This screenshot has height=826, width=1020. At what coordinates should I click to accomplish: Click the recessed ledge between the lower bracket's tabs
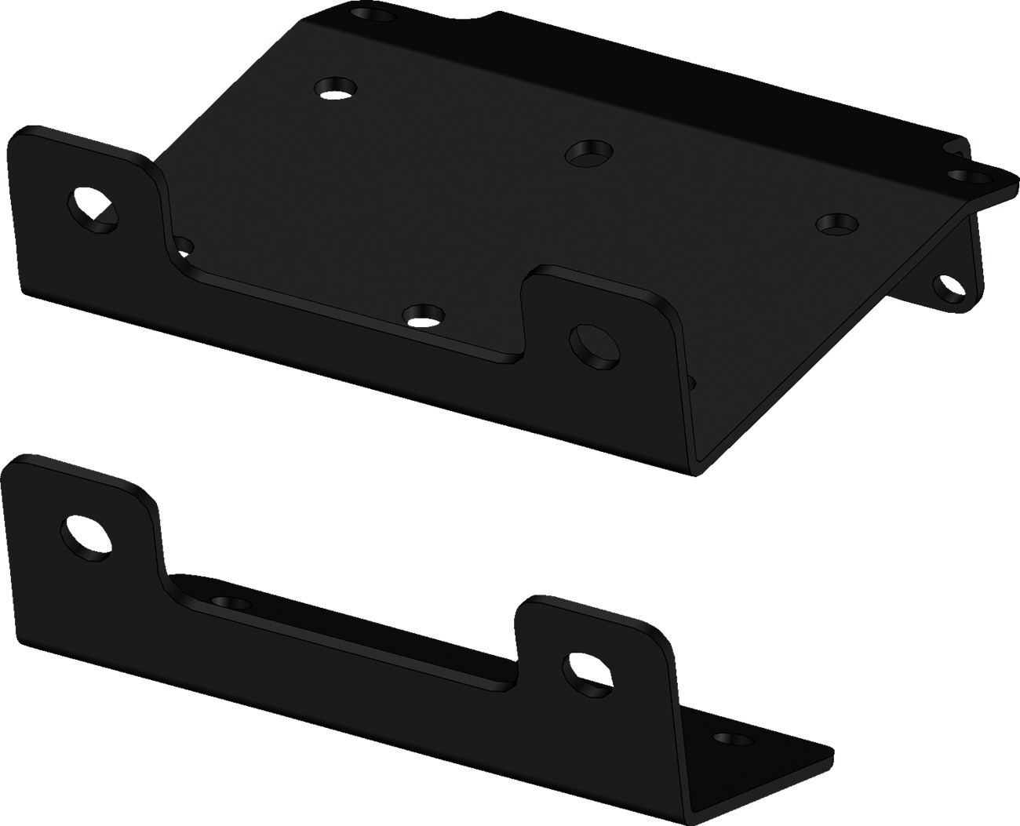click(x=345, y=620)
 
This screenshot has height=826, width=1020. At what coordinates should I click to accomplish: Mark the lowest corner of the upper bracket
click(x=694, y=475)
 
